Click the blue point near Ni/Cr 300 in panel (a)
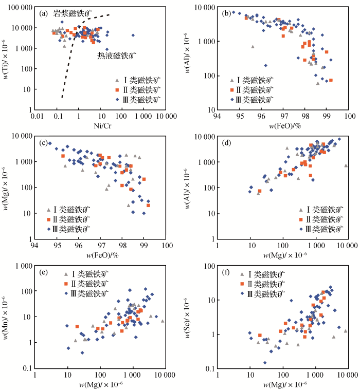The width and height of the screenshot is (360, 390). [x=133, y=35]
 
